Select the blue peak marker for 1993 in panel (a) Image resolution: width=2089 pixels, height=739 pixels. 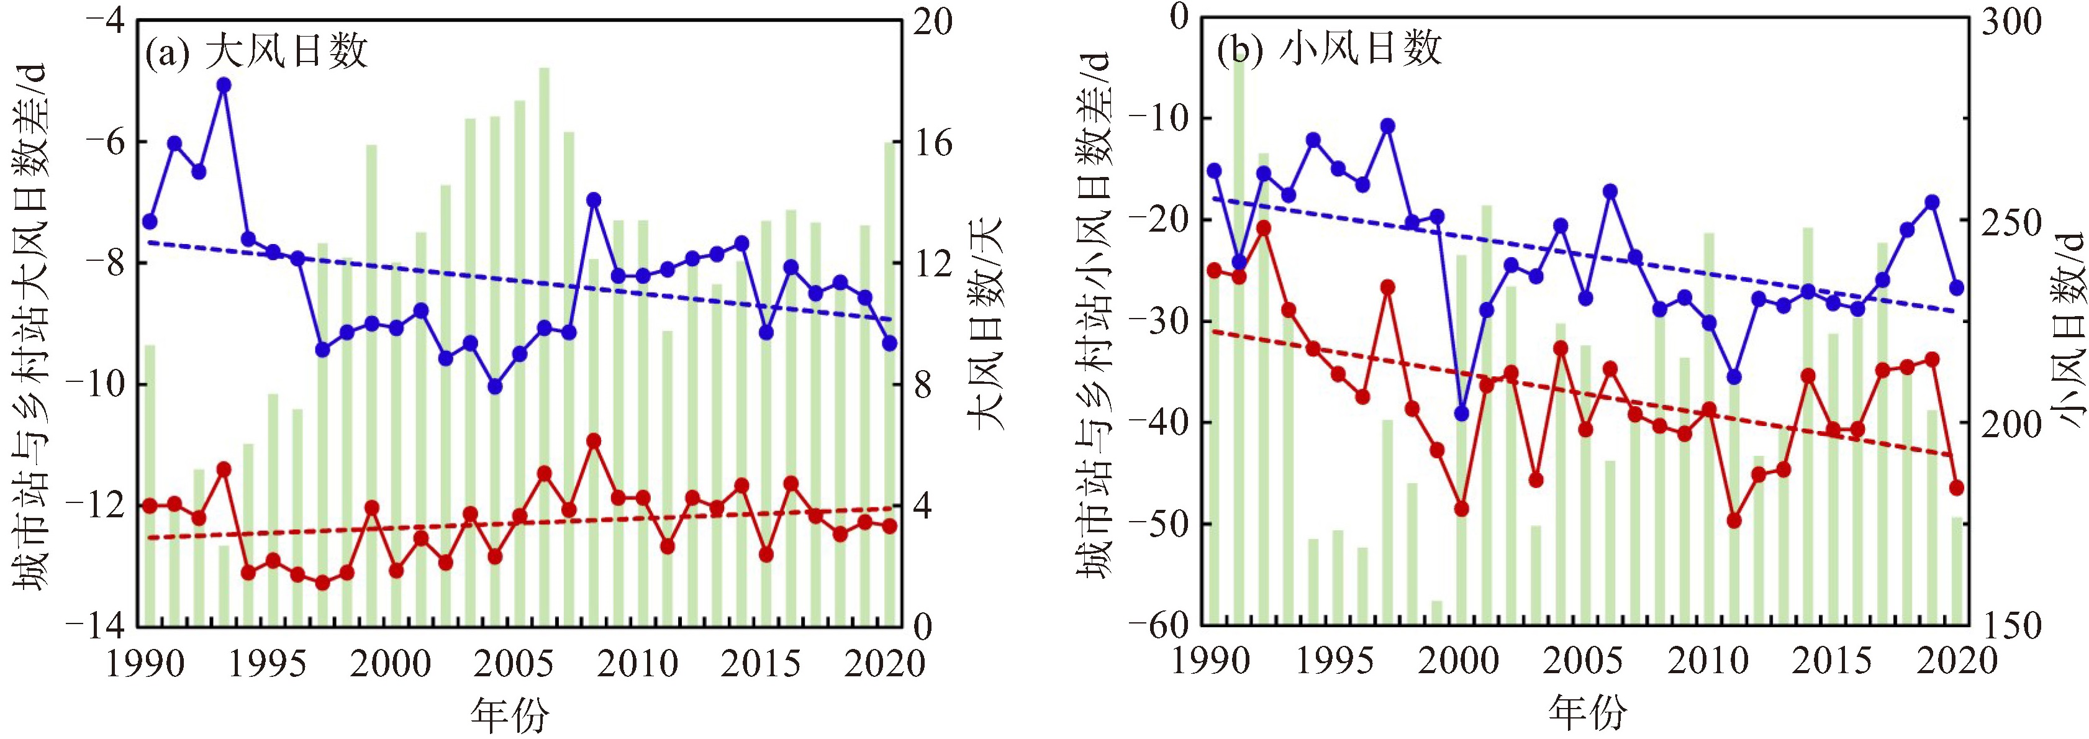(224, 85)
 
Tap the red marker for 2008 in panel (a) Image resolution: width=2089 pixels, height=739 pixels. (594, 440)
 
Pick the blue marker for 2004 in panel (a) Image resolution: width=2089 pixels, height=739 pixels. (496, 386)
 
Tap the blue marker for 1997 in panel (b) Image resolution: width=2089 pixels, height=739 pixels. (1387, 125)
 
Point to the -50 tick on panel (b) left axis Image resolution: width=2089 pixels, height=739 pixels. (1158, 524)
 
